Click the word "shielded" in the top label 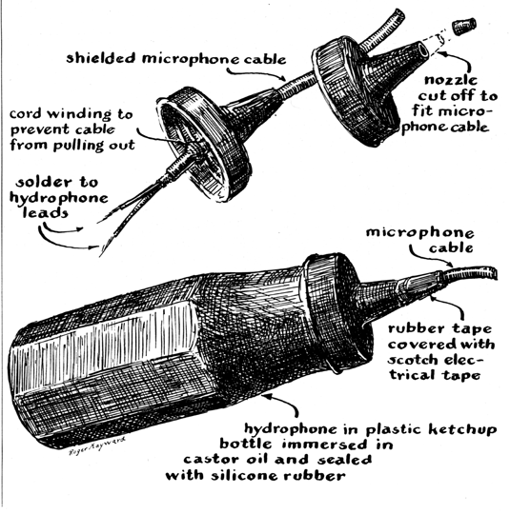tap(101, 58)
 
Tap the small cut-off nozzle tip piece tap(464, 26)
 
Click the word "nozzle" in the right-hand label tap(451, 80)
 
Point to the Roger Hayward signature tap(97, 445)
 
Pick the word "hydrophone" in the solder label tap(58, 198)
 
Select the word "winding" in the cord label tap(79, 114)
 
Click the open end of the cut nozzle tap(422, 50)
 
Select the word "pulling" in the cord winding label tap(79, 146)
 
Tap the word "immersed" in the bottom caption tap(324, 445)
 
